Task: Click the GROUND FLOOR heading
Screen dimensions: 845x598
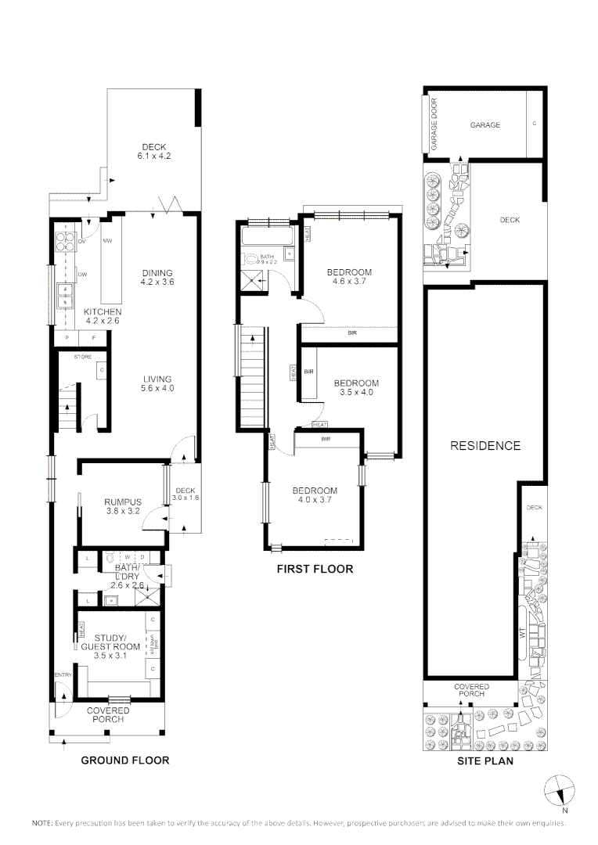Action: tap(126, 760)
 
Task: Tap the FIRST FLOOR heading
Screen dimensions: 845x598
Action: tap(315, 569)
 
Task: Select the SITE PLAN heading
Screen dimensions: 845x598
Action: tap(485, 760)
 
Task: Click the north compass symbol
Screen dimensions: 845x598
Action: tap(557, 791)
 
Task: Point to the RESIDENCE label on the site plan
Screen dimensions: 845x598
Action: tap(485, 446)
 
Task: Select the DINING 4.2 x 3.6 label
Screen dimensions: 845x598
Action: tap(157, 277)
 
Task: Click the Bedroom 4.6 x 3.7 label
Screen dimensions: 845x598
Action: tap(349, 277)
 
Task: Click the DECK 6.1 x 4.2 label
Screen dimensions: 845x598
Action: tap(153, 151)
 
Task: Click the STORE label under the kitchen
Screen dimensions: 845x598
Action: tap(83, 357)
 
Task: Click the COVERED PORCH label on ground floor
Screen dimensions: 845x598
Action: tap(109, 714)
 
